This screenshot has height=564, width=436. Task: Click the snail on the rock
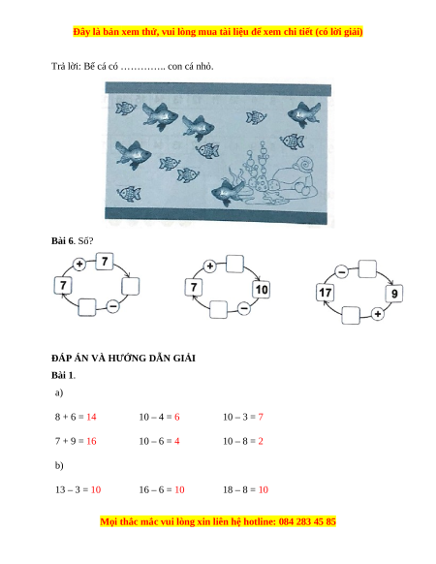pos(303,165)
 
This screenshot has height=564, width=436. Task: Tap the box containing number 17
pos(326,292)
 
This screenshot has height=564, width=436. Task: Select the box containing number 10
pos(262,289)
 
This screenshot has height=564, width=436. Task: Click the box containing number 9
pos(394,294)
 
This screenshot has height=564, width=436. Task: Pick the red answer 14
pos(91,417)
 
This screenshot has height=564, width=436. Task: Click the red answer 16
pos(91,441)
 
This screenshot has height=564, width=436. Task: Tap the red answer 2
pos(261,441)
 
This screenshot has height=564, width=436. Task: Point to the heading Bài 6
pos(62,240)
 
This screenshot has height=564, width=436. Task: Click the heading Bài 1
pos(63,375)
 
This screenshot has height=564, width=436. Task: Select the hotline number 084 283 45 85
pos(307,521)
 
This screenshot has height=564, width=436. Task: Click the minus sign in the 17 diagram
pos(342,272)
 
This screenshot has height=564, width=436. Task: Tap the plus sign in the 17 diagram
pos(377,314)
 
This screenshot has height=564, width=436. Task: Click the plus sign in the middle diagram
pos(210,266)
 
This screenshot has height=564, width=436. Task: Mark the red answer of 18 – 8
pos(264,489)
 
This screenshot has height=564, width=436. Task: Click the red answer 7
pos(261,417)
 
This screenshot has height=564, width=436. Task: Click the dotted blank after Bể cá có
pos(142,67)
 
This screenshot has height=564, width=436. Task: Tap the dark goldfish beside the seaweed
pos(228,193)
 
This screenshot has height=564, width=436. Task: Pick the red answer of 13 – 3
pos(96,489)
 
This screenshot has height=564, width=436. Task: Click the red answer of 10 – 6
pos(176,441)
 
